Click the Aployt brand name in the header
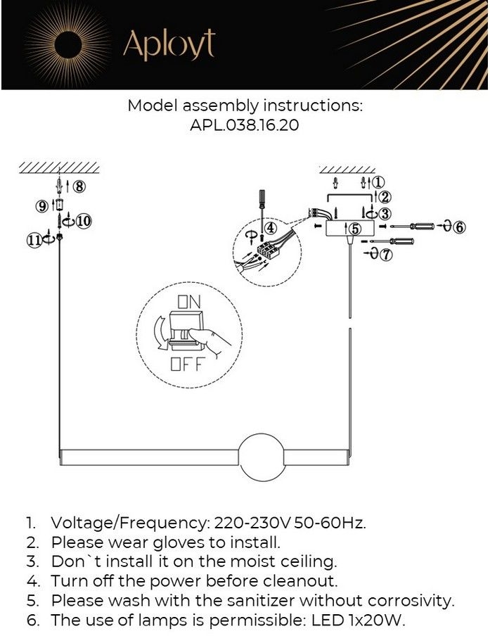(169, 45)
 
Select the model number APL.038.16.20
(245, 127)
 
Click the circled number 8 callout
(79, 186)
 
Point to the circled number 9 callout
(42, 205)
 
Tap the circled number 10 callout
(83, 221)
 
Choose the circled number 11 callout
(34, 240)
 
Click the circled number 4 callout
(271, 228)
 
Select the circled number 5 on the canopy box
(355, 228)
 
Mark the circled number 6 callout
(459, 227)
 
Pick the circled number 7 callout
(386, 255)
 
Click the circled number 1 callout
(379, 182)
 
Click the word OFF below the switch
(186, 364)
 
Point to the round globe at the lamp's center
(262, 457)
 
